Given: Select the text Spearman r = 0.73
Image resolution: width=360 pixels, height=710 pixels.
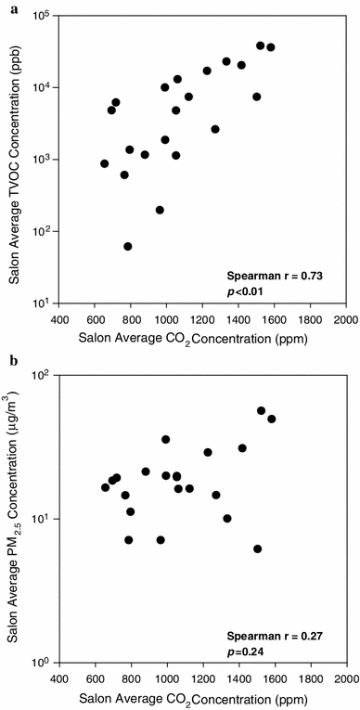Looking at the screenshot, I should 278,276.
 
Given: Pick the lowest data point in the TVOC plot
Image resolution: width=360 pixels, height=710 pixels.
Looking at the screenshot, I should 128,246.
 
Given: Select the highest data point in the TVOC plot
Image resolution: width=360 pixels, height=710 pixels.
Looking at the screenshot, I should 260,45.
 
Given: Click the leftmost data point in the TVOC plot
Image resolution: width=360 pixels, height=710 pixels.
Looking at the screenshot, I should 105,163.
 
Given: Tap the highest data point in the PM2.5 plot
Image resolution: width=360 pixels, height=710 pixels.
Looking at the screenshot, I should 261,410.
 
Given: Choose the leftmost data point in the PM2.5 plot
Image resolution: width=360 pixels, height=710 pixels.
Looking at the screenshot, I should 105,487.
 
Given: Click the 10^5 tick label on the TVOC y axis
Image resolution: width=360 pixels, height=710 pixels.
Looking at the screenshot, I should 44,16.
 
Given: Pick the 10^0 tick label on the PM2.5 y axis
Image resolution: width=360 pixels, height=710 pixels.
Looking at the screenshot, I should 44,662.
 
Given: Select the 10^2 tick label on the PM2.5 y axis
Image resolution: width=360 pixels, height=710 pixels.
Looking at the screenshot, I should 44,376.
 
